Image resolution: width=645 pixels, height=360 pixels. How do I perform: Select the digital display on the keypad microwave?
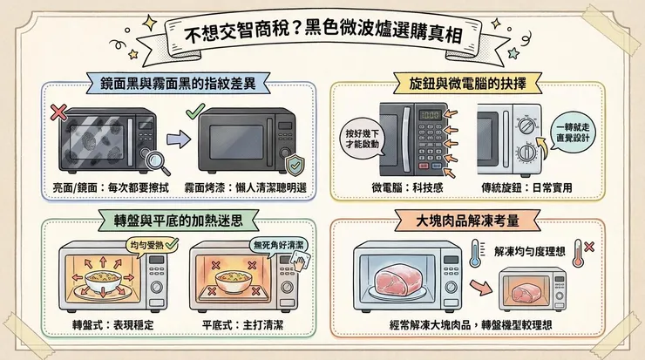(x=429, y=114)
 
